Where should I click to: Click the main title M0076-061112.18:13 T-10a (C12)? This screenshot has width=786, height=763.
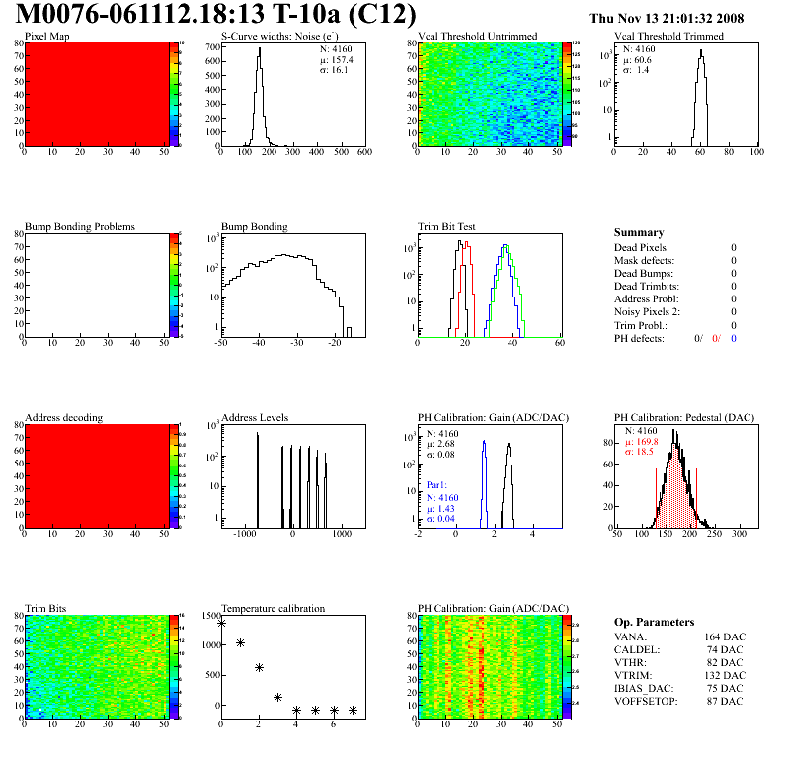[x=216, y=16]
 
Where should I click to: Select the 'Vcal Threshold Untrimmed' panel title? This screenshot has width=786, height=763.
[x=477, y=37]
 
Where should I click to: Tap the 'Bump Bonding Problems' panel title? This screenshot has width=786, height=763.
[x=80, y=226]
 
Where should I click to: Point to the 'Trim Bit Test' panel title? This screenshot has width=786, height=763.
[x=447, y=226]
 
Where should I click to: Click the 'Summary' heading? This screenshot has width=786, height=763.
[x=639, y=232]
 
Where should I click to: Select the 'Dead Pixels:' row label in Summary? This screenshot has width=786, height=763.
[x=641, y=247]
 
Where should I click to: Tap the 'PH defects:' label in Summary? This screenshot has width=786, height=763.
[x=640, y=338]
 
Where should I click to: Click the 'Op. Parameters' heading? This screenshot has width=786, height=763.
[x=654, y=622]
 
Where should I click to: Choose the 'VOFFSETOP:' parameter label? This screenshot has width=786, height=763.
[x=646, y=701]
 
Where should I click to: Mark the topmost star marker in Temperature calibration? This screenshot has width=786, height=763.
[x=221, y=623]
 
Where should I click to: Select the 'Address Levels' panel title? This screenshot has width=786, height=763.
[x=255, y=417]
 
